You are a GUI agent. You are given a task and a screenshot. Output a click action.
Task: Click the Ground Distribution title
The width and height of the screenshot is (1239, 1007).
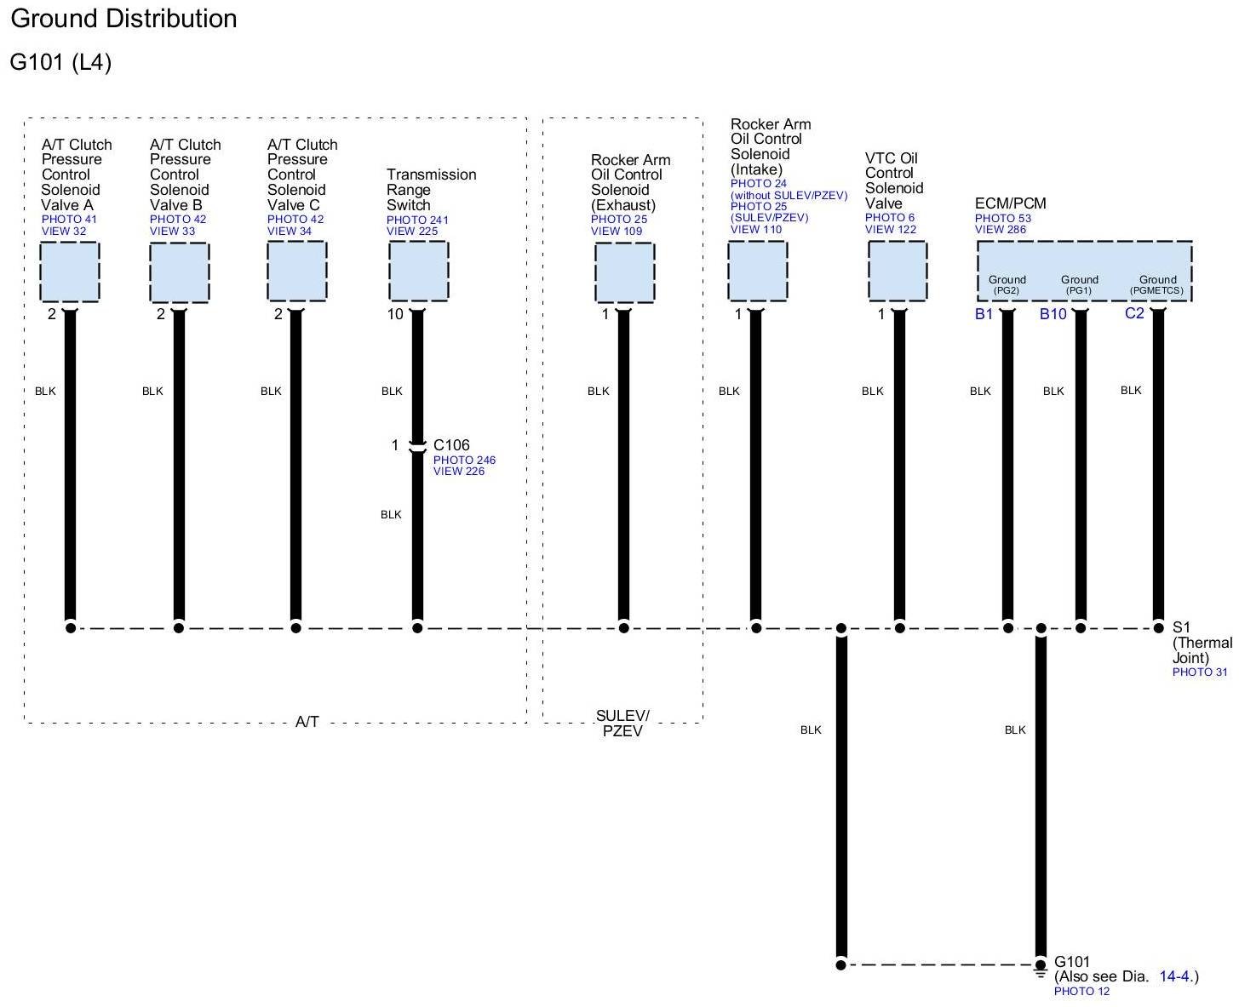coord(123,19)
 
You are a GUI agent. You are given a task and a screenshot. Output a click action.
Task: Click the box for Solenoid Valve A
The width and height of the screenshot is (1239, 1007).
coord(70,272)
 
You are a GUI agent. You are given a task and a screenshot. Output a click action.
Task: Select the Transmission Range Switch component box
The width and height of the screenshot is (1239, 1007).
coord(418,272)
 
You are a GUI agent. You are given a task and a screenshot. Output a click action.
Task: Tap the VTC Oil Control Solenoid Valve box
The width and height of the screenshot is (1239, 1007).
coord(898,272)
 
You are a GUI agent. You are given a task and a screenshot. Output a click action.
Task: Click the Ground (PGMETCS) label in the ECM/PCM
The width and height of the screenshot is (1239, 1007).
coord(1157,284)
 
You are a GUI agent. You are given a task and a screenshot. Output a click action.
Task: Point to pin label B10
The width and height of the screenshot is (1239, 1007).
coord(1053,314)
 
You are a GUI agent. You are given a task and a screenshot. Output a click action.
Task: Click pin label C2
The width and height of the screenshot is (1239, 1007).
coord(1134,313)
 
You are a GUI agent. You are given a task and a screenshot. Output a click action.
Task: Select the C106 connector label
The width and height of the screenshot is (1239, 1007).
coord(451,445)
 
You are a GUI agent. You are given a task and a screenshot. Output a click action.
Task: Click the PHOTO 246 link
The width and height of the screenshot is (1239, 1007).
coord(464,461)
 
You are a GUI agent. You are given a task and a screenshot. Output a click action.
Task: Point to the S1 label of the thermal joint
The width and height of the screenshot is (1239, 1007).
coord(1181,628)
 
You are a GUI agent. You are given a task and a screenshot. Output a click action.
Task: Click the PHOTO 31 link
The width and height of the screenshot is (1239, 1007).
coord(1200,672)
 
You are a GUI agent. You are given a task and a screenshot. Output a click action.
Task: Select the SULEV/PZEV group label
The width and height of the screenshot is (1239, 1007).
coord(622,724)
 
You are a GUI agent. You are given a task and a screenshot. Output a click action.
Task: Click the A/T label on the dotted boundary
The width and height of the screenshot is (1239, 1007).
coord(307,722)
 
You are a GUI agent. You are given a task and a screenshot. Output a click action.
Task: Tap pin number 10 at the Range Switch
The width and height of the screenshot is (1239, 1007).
coord(395,314)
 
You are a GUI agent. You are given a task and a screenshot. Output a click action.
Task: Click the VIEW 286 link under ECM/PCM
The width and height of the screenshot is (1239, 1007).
coord(1001,230)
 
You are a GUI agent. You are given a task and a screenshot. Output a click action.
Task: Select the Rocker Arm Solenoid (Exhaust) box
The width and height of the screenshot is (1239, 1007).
coord(624,272)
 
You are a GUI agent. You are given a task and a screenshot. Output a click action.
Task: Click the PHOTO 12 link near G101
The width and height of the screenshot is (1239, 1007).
coord(1081,992)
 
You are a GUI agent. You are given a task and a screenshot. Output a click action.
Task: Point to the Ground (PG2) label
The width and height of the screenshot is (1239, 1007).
coord(1007,284)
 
